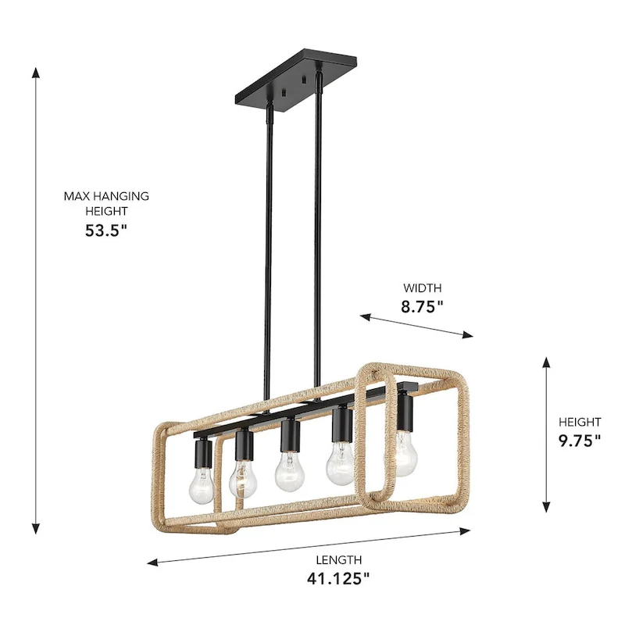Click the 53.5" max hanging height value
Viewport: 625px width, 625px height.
106,230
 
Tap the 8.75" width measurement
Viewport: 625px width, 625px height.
422,307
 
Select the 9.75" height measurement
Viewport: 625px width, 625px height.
580,440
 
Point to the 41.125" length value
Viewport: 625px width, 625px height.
338,579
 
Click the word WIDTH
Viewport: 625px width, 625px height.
422,287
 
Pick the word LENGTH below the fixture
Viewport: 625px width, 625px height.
338,559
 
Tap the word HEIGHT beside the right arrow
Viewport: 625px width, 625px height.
580,422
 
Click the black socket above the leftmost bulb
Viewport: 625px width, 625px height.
202,452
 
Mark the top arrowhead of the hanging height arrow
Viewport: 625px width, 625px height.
35,72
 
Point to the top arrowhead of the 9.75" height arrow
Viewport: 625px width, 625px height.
546,362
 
